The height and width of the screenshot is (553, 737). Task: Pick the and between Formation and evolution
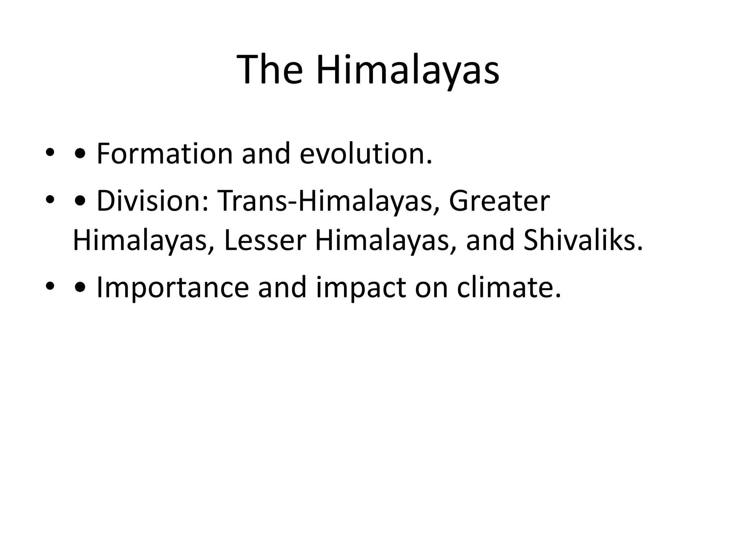coord(266,154)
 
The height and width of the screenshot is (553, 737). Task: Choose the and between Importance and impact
coord(282,288)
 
